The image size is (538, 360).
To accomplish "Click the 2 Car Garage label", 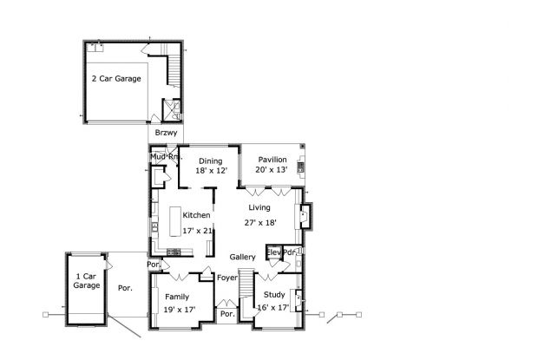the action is [x=116, y=79].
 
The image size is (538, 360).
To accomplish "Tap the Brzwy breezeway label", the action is [x=166, y=133].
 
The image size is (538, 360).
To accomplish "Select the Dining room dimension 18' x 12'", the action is [x=212, y=170].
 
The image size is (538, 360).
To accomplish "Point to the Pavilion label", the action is [x=272, y=160].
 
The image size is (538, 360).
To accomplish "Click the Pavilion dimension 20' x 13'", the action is [x=272, y=169].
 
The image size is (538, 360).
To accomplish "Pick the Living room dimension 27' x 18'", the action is [x=260, y=223].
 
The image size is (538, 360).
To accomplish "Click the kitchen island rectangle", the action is [x=175, y=221].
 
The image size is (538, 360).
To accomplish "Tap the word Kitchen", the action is [x=196, y=215].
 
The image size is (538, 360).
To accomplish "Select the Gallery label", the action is [x=242, y=257].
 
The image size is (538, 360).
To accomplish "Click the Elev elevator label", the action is [x=274, y=252].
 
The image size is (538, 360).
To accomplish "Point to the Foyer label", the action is [x=227, y=278].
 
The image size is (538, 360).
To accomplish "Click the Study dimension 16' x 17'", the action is [x=273, y=308].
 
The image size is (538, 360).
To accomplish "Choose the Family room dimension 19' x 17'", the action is [x=180, y=310].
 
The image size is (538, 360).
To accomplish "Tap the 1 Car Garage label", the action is [x=87, y=281].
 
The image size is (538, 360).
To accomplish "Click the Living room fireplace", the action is [x=305, y=216].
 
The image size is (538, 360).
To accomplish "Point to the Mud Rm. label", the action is [x=166, y=157].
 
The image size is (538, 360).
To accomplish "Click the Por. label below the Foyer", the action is [x=227, y=314].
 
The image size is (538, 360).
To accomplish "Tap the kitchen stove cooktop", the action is [x=174, y=252].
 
